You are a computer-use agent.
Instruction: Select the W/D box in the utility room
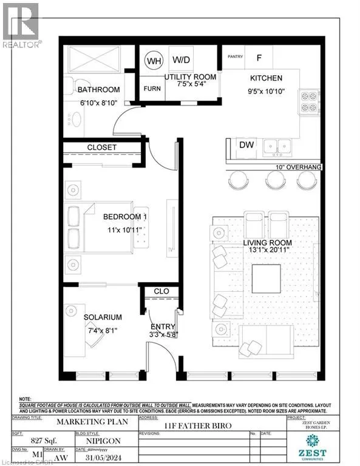tap(180, 60)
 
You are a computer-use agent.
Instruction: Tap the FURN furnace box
tap(152, 88)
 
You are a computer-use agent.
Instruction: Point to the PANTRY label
tap(235, 58)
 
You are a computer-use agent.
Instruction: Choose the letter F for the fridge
tap(259, 58)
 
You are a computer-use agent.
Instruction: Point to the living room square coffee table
tap(266, 279)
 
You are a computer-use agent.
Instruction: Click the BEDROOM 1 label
tap(124, 217)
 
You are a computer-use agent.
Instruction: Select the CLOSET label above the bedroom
tap(101, 147)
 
